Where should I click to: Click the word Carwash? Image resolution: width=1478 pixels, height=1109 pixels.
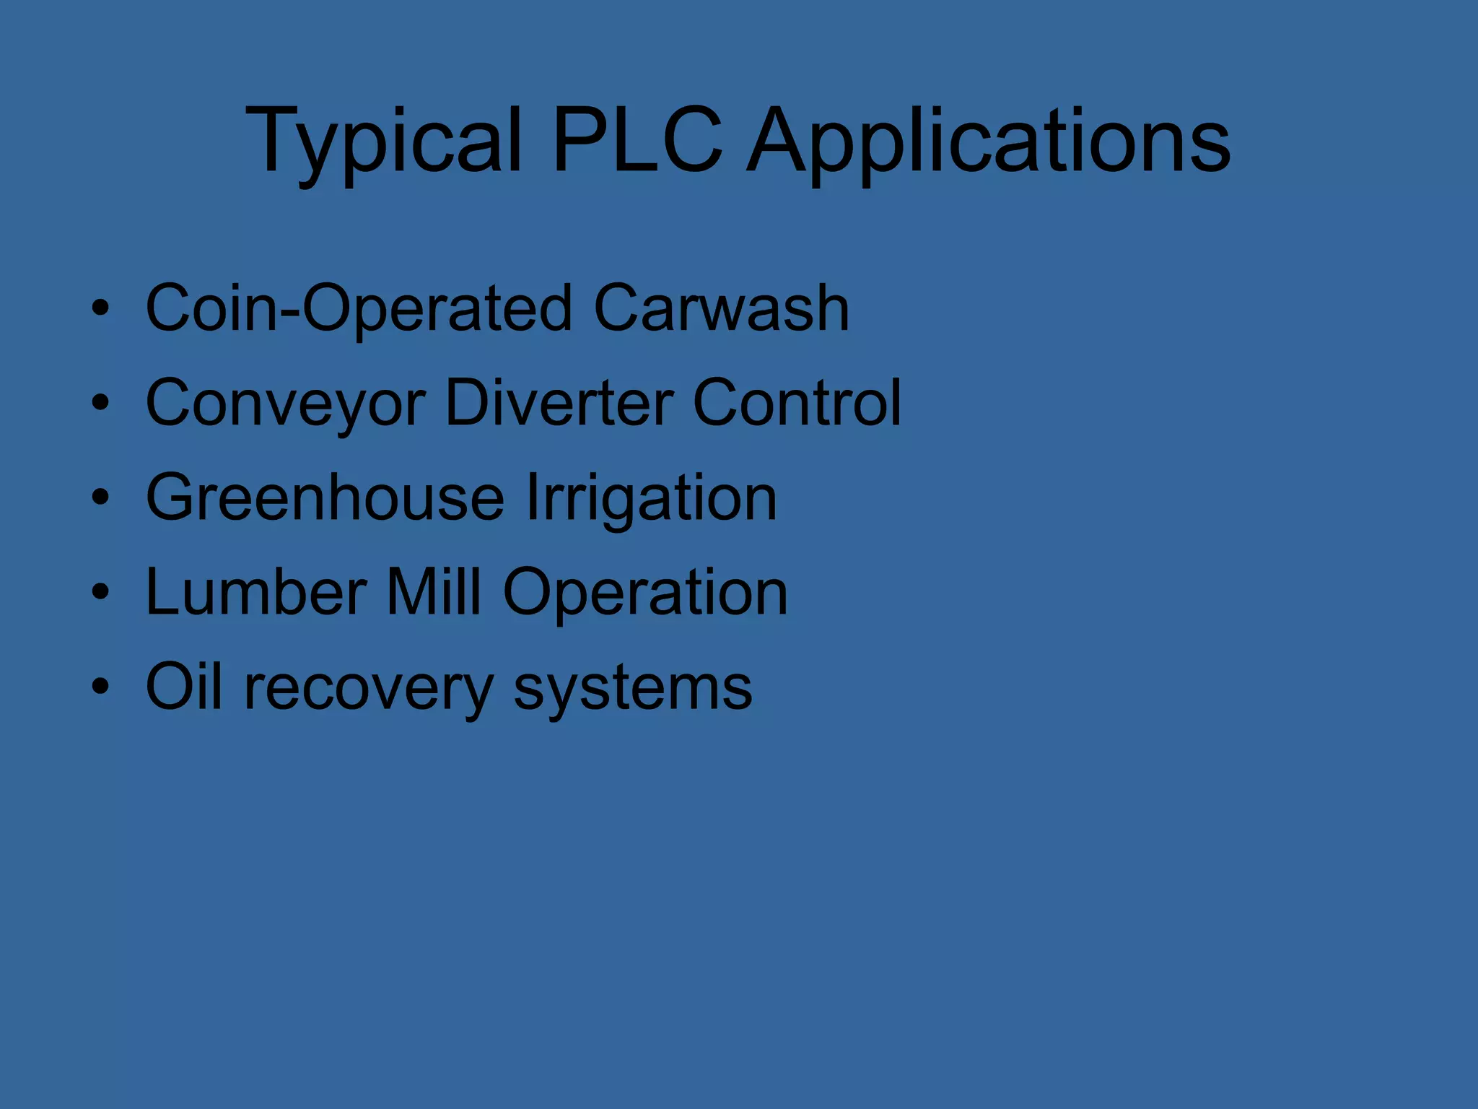[721, 308]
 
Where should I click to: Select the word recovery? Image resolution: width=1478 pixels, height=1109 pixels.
[369, 688]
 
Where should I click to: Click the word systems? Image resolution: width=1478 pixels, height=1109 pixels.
[632, 688]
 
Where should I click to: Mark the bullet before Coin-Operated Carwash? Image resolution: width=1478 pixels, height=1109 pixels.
[100, 308]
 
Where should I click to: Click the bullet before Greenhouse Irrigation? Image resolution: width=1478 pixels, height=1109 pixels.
[100, 497]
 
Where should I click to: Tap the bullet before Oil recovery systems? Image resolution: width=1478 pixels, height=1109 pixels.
[100, 687]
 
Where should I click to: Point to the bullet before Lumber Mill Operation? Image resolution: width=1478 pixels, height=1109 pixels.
[100, 592]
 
